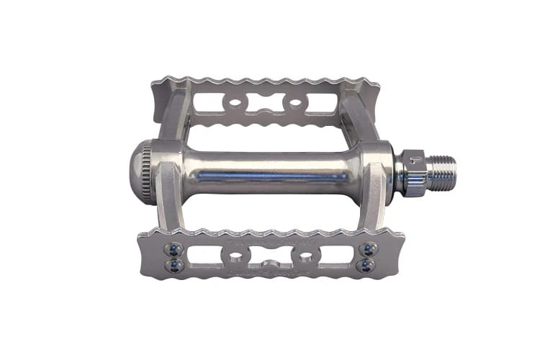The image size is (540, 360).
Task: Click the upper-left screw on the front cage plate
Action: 173,249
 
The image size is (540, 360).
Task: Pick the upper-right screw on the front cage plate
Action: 368,249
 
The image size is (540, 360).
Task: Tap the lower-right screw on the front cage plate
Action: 368,266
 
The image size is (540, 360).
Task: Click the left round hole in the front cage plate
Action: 235,257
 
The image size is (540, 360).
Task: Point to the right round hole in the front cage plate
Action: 305,257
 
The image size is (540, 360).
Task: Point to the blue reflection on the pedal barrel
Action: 274,177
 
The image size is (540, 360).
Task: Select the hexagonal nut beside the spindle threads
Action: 412,174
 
